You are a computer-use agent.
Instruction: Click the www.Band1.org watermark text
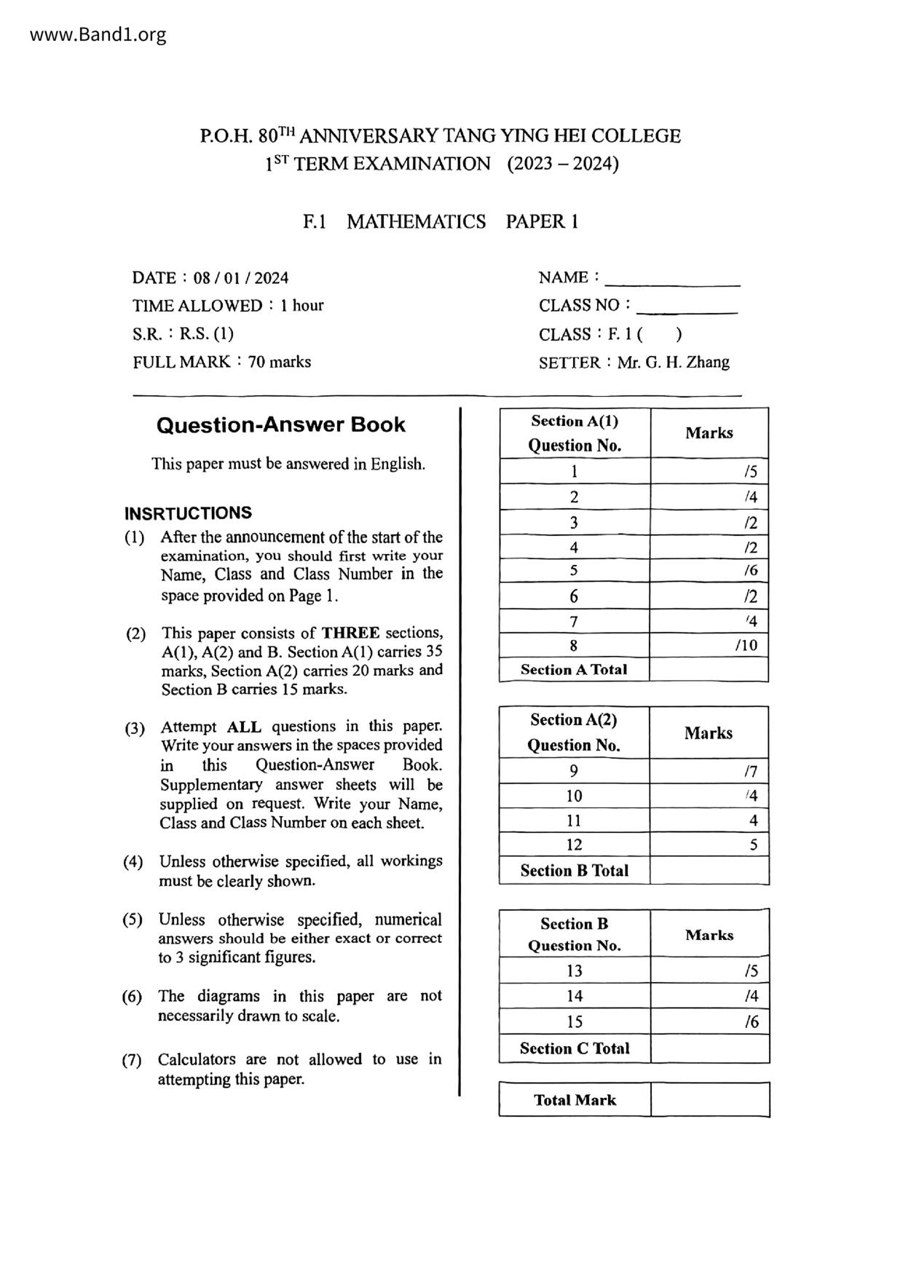98,34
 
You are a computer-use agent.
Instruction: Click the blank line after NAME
672,281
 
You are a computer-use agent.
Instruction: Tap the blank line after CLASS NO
687,309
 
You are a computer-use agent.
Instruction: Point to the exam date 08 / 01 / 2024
241,278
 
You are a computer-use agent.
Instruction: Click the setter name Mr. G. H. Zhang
673,363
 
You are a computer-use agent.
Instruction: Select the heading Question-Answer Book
280,425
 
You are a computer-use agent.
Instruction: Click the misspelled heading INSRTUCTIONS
188,513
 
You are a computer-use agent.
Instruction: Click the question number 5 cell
574,571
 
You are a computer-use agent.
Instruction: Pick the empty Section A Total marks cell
709,670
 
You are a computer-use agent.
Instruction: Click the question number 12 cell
574,845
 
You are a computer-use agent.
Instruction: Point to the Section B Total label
574,871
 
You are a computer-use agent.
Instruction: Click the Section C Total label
574,1049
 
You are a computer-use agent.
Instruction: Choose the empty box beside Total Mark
709,1099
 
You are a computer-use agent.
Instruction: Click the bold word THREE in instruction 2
351,633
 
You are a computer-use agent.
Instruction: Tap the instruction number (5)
133,920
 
